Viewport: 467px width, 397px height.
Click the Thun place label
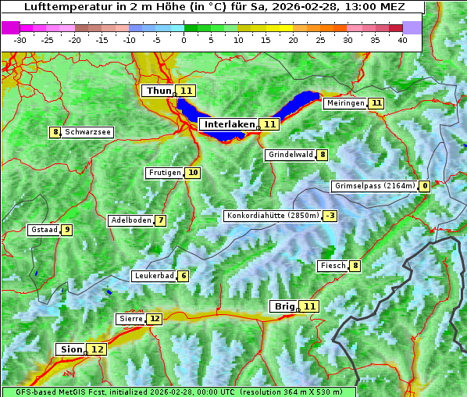[x=158, y=91]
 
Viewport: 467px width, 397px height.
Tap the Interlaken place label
[x=230, y=124]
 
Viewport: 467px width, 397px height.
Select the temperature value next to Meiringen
[x=376, y=103]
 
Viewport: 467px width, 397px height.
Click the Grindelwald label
[x=291, y=155]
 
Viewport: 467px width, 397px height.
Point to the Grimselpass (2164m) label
[x=374, y=186]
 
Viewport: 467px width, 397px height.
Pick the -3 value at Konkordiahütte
[x=330, y=216]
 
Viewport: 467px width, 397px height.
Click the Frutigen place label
[x=164, y=173]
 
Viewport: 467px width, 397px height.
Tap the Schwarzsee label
[x=87, y=132]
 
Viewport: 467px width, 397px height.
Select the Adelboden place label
[x=130, y=220]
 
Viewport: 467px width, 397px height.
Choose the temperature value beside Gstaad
[x=67, y=230]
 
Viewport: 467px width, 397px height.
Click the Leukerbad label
[x=154, y=276]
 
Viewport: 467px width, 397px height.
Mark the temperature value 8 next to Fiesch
[x=355, y=266]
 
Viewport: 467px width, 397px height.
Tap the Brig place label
[x=283, y=306]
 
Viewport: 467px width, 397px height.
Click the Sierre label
[x=130, y=319]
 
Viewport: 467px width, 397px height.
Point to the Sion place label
[x=70, y=349]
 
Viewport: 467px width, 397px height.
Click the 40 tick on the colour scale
[x=401, y=39]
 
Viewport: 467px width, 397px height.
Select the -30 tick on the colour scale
[x=20, y=39]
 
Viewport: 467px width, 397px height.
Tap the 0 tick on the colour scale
[x=184, y=39]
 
